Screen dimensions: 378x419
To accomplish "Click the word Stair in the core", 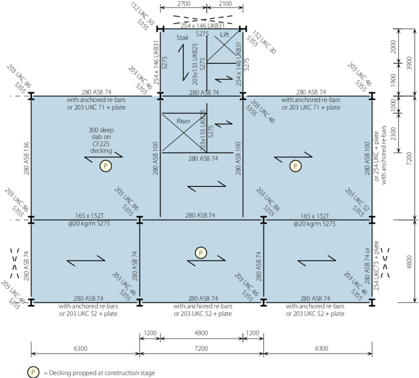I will [183, 39].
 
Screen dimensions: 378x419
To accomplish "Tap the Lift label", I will [225, 34].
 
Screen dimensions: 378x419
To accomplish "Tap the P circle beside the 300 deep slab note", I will [104, 166].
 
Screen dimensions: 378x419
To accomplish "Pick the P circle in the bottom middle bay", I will [201, 252].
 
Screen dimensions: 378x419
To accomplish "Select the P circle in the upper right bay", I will [296, 166].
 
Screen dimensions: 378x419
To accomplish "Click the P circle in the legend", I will [34, 371].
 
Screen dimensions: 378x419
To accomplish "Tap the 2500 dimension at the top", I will [184, 4].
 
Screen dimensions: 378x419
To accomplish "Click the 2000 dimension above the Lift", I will [225, 4].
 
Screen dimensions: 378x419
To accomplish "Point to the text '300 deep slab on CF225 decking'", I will [103, 140].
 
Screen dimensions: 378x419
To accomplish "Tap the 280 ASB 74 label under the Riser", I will [203, 158].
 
